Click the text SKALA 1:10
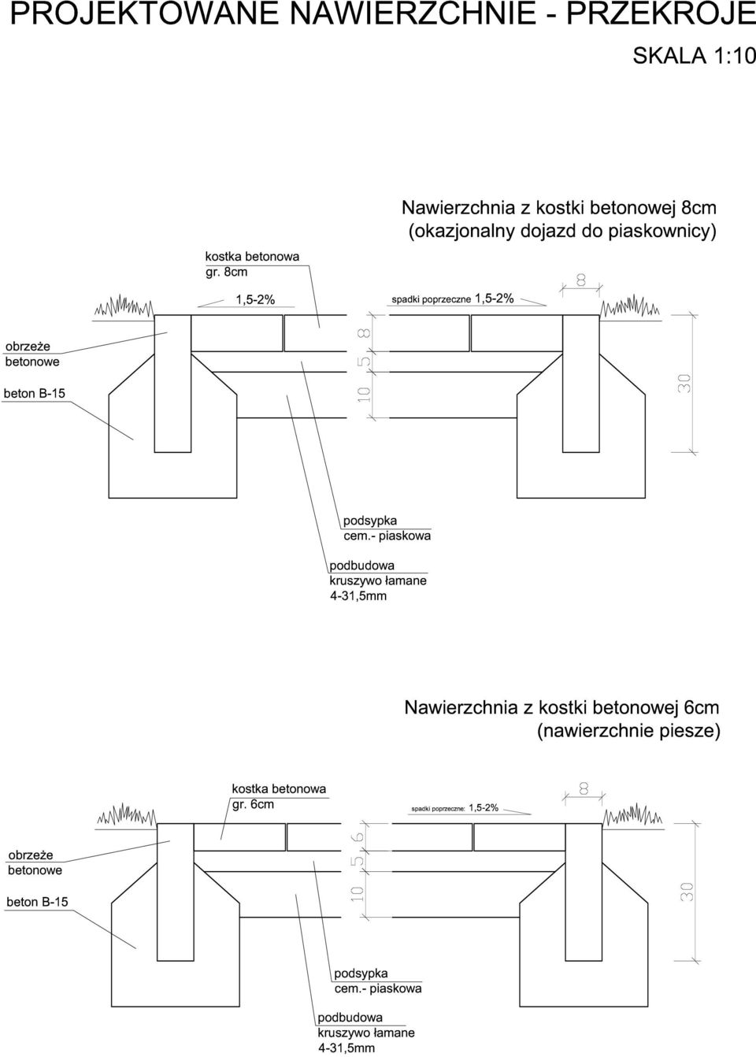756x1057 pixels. click(x=694, y=56)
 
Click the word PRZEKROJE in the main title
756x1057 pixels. click(x=661, y=13)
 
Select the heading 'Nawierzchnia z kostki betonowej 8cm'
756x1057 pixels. click(x=559, y=208)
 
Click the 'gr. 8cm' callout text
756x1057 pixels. click(x=226, y=273)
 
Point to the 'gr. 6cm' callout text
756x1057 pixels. click(x=253, y=804)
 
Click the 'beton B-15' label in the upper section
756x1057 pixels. click(x=35, y=393)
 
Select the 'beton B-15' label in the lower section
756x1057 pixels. click(x=37, y=902)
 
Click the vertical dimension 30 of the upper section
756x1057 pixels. click(x=684, y=383)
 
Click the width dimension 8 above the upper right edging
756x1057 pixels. click(x=581, y=280)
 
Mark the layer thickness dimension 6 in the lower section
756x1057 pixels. click(x=359, y=836)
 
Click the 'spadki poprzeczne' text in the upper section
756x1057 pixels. click(x=431, y=299)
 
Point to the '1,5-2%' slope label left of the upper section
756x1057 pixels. click(x=255, y=299)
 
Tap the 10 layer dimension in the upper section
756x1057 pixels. click(x=363, y=394)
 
